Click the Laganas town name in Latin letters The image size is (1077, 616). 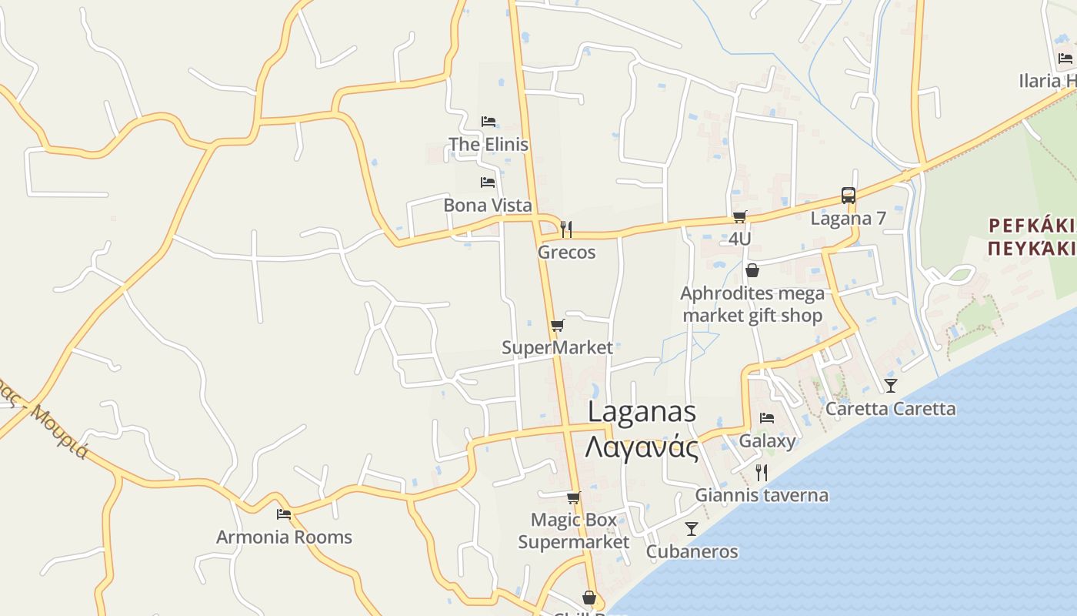click(x=642, y=412)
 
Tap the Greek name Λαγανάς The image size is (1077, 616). click(x=642, y=447)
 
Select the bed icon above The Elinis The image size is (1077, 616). click(x=488, y=122)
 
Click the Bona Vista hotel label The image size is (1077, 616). click(x=488, y=205)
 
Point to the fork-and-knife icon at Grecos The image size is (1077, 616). click(x=566, y=229)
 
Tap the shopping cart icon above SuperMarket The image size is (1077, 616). click(x=558, y=326)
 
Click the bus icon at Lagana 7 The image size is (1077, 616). click(x=848, y=196)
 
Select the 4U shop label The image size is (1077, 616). click(x=739, y=239)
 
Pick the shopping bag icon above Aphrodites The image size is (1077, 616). click(x=752, y=270)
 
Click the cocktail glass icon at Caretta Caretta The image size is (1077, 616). click(x=890, y=385)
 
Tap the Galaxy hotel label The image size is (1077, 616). click(x=767, y=441)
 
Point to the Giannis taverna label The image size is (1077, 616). click(x=762, y=495)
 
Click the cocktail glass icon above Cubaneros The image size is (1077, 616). click(x=692, y=528)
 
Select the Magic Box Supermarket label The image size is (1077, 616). click(x=574, y=531)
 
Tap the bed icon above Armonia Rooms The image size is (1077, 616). click(x=284, y=514)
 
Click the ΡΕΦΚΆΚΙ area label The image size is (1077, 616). click(x=1032, y=225)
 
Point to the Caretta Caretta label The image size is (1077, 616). click(x=890, y=408)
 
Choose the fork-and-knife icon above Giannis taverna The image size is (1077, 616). click(x=762, y=472)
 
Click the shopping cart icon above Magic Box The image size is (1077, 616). click(x=573, y=498)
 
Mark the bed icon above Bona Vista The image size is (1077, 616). click(x=488, y=182)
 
